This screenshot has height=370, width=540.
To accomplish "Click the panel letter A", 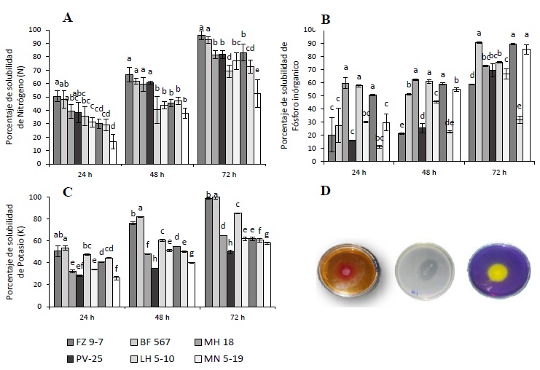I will (68, 17).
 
